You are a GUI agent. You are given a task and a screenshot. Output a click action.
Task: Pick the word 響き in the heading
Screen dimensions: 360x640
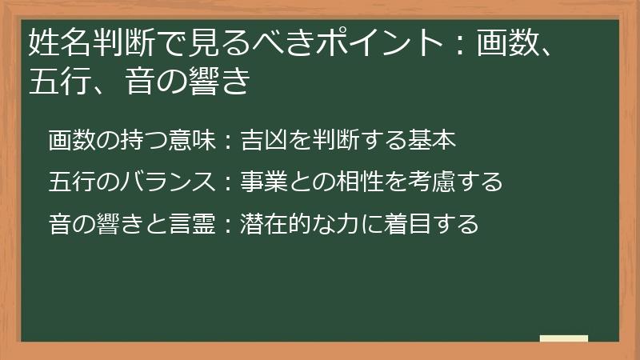click(218, 82)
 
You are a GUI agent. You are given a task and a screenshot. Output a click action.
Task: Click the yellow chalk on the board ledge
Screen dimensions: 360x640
click(563, 338)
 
